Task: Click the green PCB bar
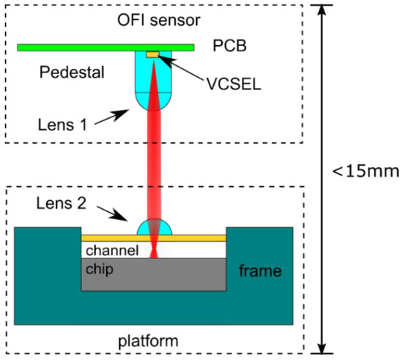tap(73, 48)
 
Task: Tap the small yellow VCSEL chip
tap(152, 54)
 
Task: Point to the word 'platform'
tap(154, 341)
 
